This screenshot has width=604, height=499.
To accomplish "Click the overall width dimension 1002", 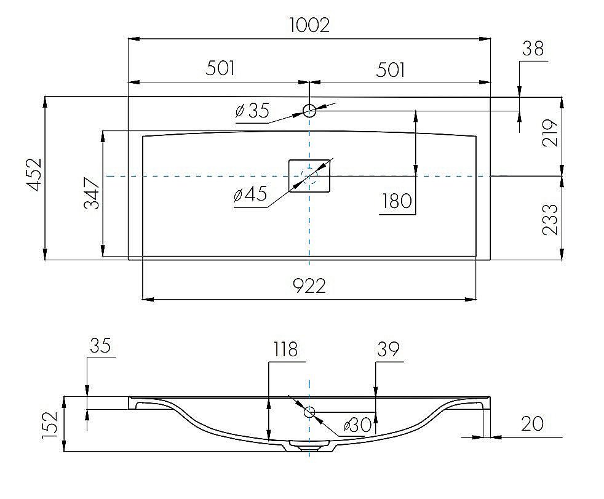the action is click(309, 25).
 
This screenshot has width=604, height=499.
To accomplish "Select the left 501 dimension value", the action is click(220, 68).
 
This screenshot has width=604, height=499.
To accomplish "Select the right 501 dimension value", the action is click(390, 70).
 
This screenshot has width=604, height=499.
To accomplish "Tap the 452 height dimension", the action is click(34, 174).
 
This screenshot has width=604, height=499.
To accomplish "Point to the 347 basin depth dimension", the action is click(92, 193).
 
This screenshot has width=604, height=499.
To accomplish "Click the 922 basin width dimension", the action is click(309, 286).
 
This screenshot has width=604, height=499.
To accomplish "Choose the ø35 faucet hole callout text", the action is click(252, 111).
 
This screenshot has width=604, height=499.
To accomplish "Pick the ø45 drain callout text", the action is click(250, 194).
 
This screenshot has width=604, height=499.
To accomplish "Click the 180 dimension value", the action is click(397, 201).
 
